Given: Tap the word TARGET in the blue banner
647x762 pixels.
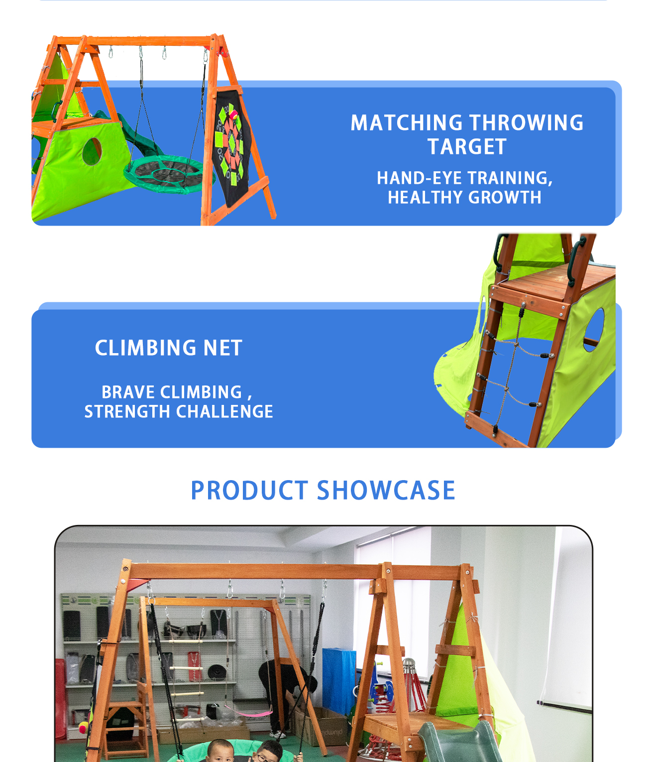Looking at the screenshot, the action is point(467,147).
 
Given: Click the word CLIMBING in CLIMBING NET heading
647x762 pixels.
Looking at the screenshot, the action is point(145,348).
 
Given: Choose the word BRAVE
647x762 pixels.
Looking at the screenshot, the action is point(128,392).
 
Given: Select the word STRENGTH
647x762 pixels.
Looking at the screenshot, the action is point(127,411).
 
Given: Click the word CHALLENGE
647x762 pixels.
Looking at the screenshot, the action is point(224,411).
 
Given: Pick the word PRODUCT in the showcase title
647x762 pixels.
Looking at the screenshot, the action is point(249,490).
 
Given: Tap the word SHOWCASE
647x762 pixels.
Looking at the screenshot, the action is point(386,490).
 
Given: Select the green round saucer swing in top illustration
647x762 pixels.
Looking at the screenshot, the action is point(170,174).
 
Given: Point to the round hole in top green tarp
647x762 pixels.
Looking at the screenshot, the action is point(92,151).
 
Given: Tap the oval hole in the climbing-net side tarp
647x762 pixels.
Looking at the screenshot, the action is point(594,330).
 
